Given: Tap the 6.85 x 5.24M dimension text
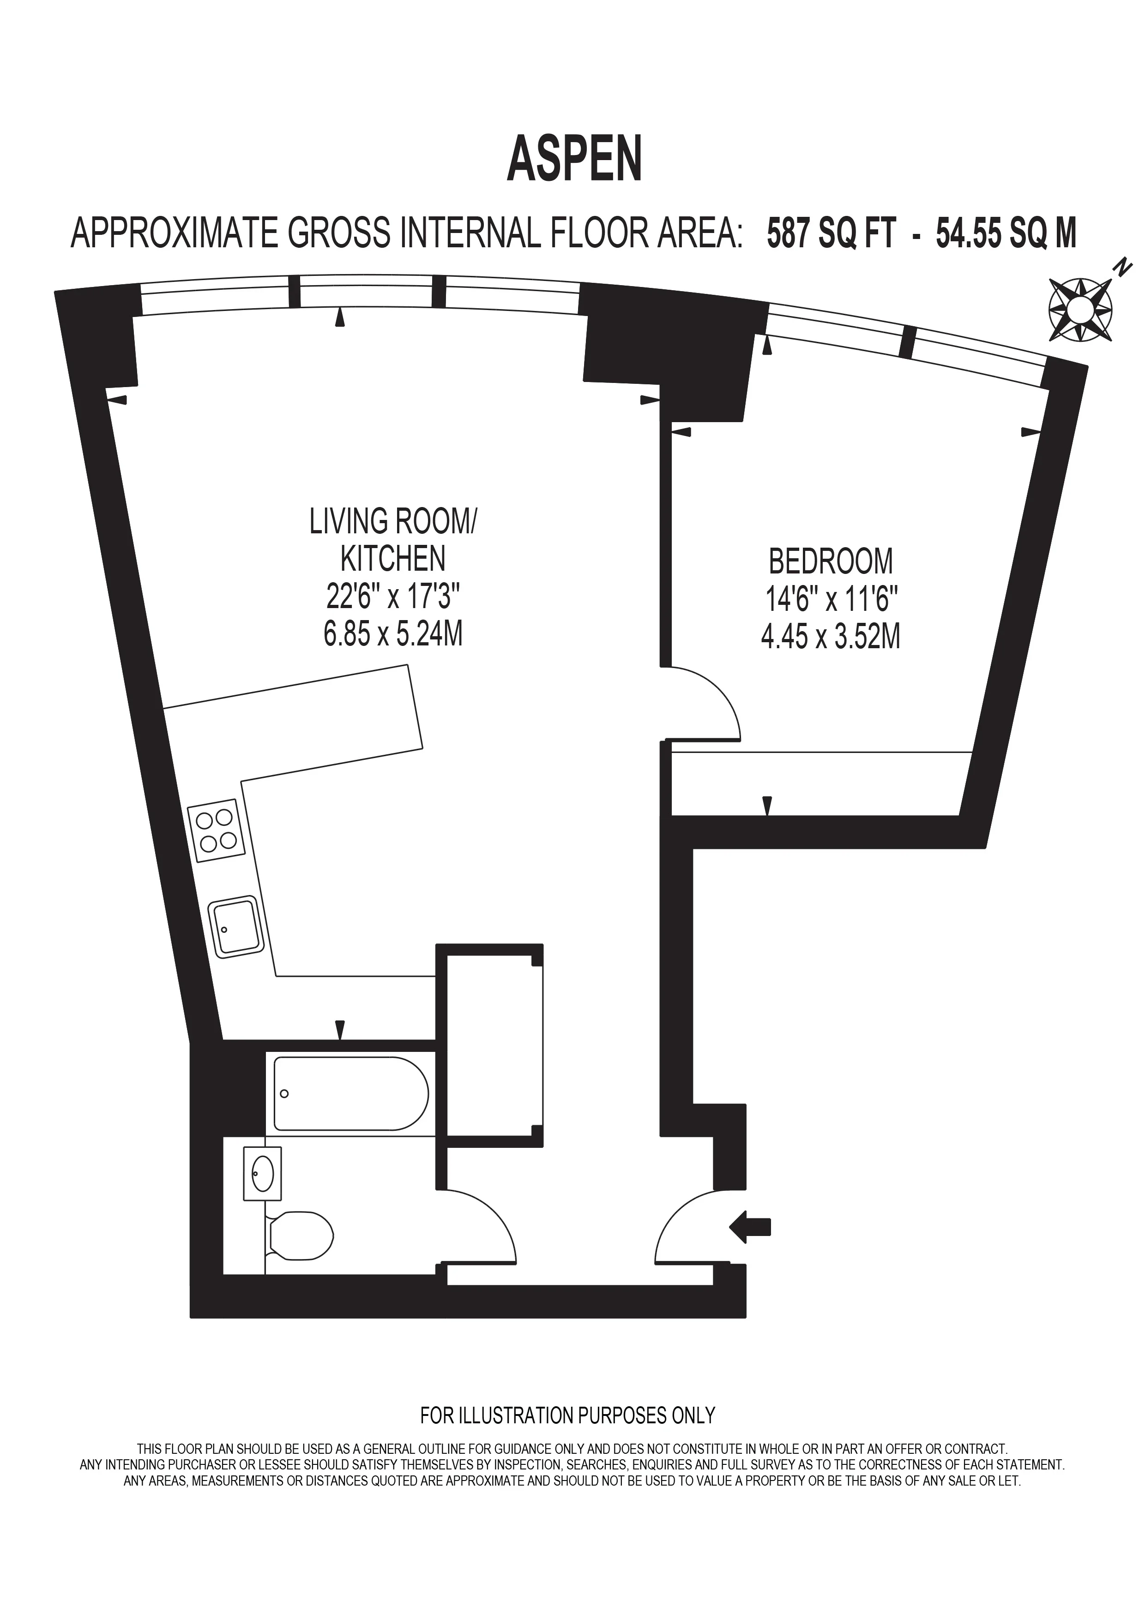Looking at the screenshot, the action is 393,634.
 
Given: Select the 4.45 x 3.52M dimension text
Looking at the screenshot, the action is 831,638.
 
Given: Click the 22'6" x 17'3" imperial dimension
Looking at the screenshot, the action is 393,597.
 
